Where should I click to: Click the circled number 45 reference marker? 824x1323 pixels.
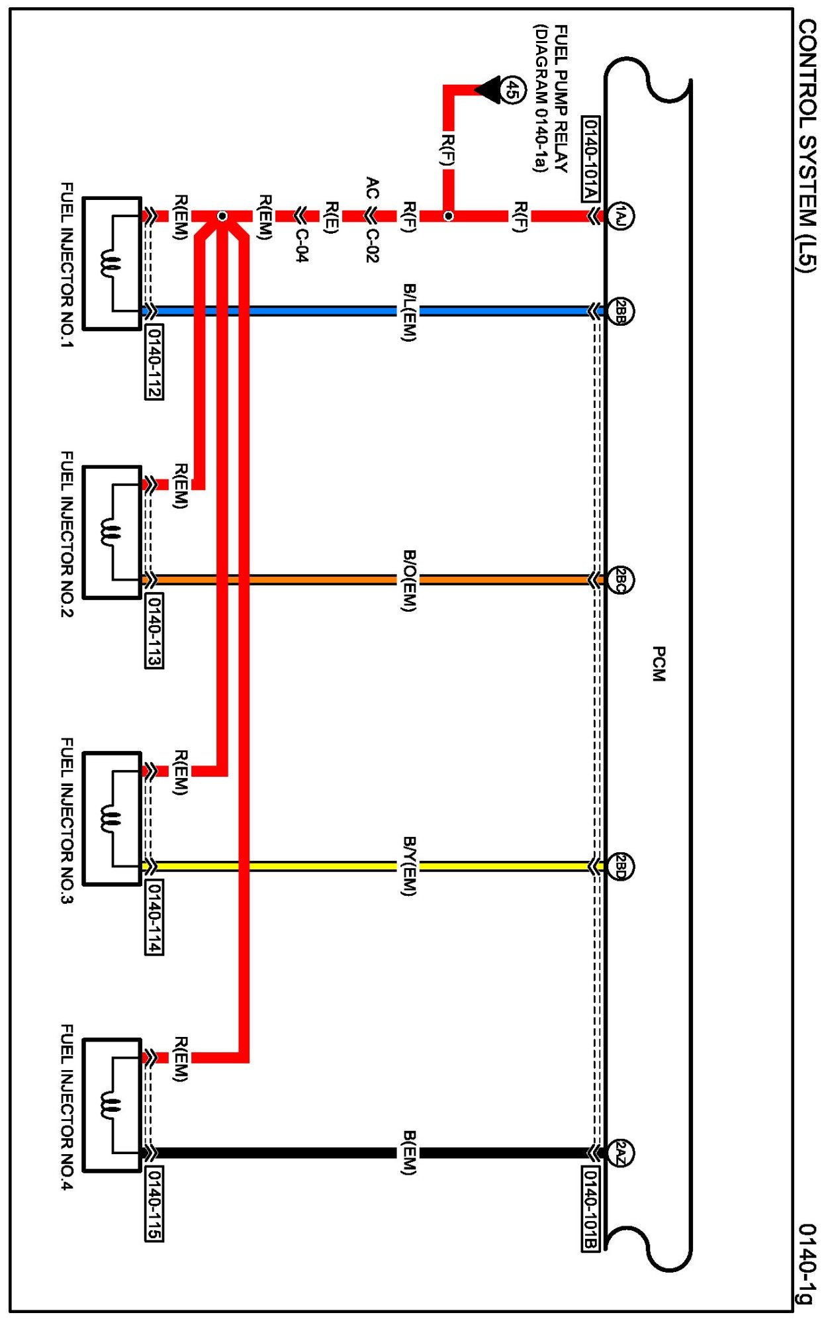(x=512, y=90)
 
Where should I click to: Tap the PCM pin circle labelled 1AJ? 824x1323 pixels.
(x=619, y=216)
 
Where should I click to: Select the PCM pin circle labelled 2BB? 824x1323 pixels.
(x=620, y=311)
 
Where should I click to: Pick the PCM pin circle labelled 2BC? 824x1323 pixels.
(x=620, y=580)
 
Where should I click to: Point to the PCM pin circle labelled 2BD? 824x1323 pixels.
(x=620, y=866)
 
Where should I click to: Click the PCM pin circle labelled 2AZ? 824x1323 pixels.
(x=620, y=1153)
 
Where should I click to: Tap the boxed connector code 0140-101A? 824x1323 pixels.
(x=590, y=159)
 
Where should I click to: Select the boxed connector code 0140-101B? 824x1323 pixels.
(x=590, y=1209)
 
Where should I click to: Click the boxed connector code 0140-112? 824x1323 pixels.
(x=154, y=362)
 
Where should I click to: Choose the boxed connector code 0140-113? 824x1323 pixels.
(x=154, y=631)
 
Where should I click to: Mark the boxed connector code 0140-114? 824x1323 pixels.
(x=154, y=917)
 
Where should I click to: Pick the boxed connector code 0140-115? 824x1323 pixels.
(x=154, y=1204)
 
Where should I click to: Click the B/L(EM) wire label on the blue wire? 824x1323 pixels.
(x=410, y=313)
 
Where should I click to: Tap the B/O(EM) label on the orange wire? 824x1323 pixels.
(x=410, y=581)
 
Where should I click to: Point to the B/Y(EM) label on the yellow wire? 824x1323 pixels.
(x=410, y=866)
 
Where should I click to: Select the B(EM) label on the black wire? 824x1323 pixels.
(x=410, y=1153)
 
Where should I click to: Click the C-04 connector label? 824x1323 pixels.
(x=302, y=245)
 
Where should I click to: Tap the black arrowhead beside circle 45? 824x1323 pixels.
(x=489, y=90)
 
